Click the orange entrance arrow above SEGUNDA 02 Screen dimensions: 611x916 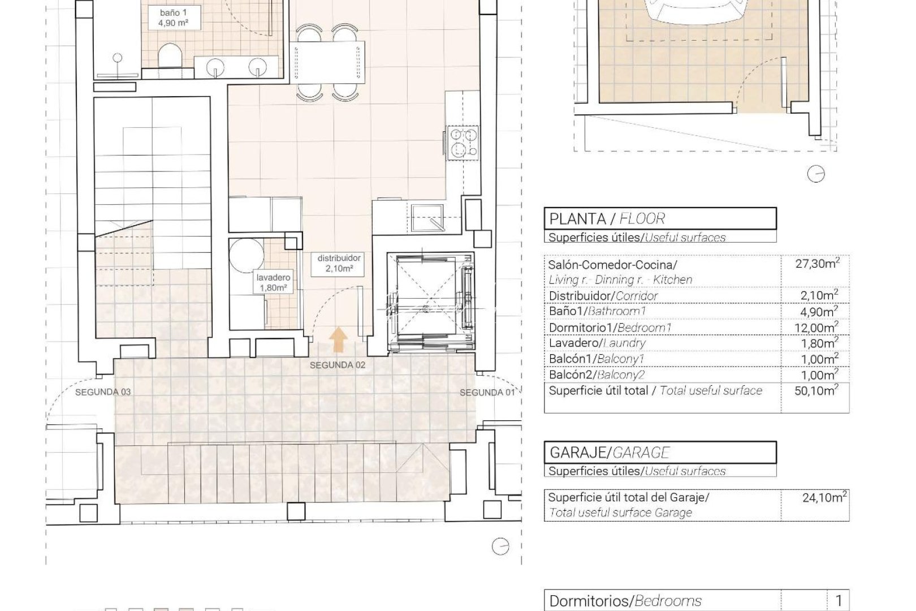point(339,341)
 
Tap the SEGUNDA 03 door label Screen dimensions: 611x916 point(103,392)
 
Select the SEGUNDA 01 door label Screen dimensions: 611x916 point(487,393)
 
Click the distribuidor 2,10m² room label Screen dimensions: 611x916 point(339,263)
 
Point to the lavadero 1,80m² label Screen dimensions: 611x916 point(273,282)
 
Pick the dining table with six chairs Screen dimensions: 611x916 point(328,62)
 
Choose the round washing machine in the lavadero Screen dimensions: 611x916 point(247,255)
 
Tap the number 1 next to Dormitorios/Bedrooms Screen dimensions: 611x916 point(839,600)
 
